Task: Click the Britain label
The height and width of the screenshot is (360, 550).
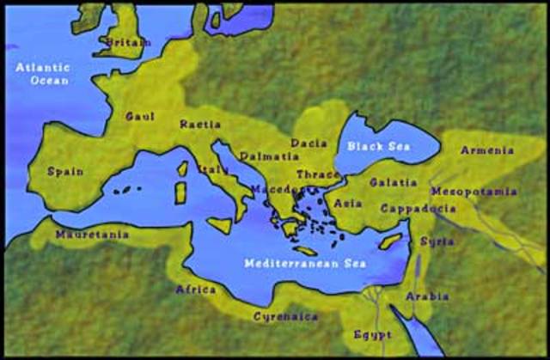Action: click(128, 41)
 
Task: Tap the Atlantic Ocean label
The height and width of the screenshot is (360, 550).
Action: click(42, 73)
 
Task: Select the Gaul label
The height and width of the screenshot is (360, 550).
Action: click(140, 116)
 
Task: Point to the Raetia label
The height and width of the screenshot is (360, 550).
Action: click(200, 125)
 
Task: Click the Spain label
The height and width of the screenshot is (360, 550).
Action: click(65, 171)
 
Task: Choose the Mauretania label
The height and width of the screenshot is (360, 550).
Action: click(92, 234)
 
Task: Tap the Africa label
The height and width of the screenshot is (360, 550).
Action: click(196, 290)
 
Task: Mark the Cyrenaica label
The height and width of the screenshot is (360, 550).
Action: click(285, 317)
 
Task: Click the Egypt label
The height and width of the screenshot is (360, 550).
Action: click(372, 334)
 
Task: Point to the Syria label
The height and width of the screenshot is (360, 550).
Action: click(437, 241)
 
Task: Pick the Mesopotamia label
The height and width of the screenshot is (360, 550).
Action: click(474, 191)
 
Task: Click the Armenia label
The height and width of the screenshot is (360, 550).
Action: click(487, 150)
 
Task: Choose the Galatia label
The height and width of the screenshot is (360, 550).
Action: click(394, 182)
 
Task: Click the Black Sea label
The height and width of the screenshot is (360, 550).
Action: click(379, 146)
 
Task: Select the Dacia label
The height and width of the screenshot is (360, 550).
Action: click(309, 143)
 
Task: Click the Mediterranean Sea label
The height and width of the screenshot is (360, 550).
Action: click(304, 263)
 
